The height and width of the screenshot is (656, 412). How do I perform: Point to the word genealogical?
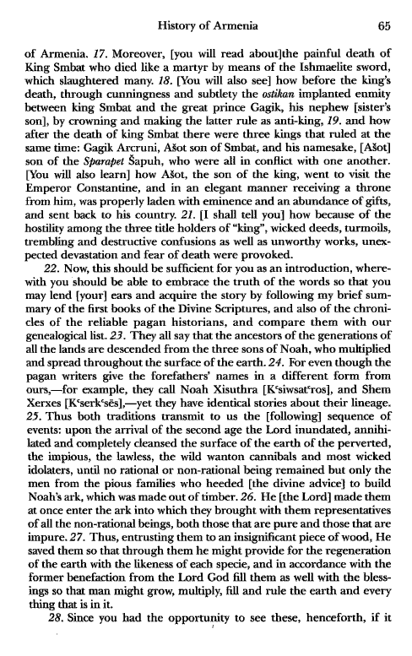(61, 366)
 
